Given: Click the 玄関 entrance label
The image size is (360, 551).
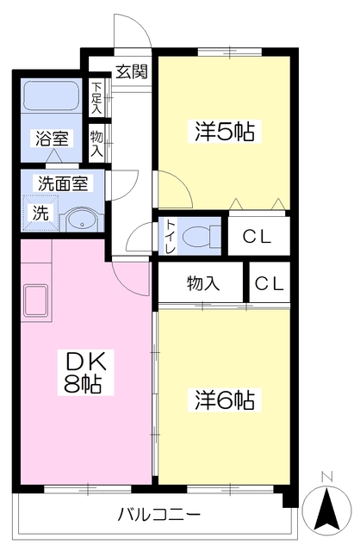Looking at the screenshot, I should [131, 71].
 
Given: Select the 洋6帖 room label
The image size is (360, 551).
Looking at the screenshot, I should [224, 400].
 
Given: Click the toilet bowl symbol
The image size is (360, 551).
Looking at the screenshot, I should [202, 234].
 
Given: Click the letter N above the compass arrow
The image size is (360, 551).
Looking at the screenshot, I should [326, 475].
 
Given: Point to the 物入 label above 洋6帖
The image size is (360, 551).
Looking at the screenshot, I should [202, 282].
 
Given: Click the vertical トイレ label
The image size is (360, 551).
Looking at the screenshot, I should [169, 236].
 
